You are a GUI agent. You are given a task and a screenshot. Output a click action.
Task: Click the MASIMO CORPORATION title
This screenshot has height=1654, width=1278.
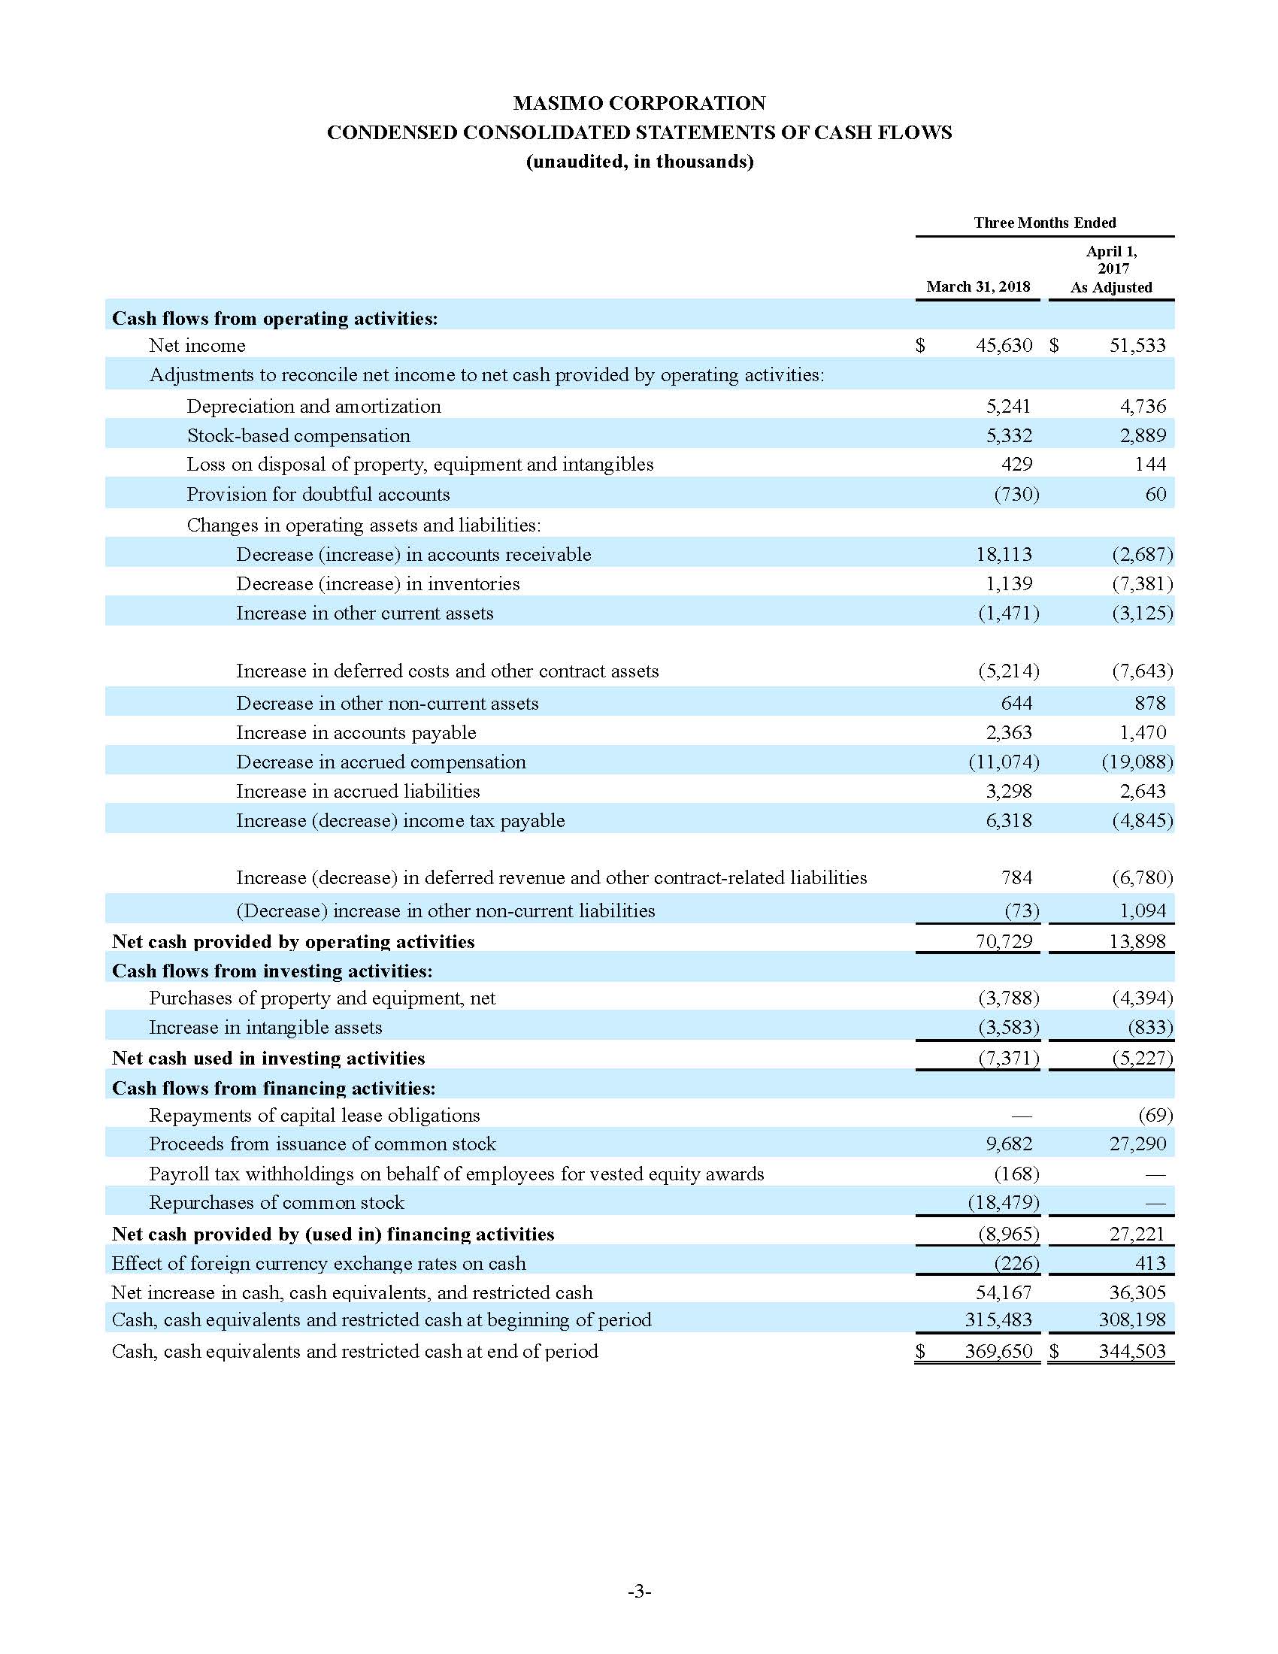tap(639, 103)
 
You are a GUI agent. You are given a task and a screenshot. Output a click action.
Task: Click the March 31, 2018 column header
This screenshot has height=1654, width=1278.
tap(977, 286)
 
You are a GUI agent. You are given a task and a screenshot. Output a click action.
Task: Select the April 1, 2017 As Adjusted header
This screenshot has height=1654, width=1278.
tap(1110, 269)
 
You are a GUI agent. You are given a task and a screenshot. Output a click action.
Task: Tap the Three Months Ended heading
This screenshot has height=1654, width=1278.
tap(1044, 223)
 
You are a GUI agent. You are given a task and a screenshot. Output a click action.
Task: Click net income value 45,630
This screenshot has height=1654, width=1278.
tap(1003, 345)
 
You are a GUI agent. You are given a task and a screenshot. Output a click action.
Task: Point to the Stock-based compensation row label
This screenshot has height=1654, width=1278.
tap(298, 435)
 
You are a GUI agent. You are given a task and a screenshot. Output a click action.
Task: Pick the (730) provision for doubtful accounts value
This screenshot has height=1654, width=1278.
tap(1016, 494)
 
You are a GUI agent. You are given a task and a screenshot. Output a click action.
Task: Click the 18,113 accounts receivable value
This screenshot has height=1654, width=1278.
tap(1003, 553)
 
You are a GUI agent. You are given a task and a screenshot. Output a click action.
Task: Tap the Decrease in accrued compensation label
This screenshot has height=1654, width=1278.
tap(381, 762)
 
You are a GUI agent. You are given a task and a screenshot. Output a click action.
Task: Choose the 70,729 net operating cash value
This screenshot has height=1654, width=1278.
tap(1003, 941)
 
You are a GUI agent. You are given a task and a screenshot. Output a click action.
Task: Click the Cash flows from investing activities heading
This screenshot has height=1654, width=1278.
tap(272, 971)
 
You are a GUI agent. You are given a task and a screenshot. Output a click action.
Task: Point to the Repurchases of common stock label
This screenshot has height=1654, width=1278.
tap(277, 1202)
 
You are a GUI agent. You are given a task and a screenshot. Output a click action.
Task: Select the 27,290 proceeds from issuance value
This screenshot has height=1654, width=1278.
tap(1137, 1144)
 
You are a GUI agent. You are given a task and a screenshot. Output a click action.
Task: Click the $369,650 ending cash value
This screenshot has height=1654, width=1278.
tap(998, 1351)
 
